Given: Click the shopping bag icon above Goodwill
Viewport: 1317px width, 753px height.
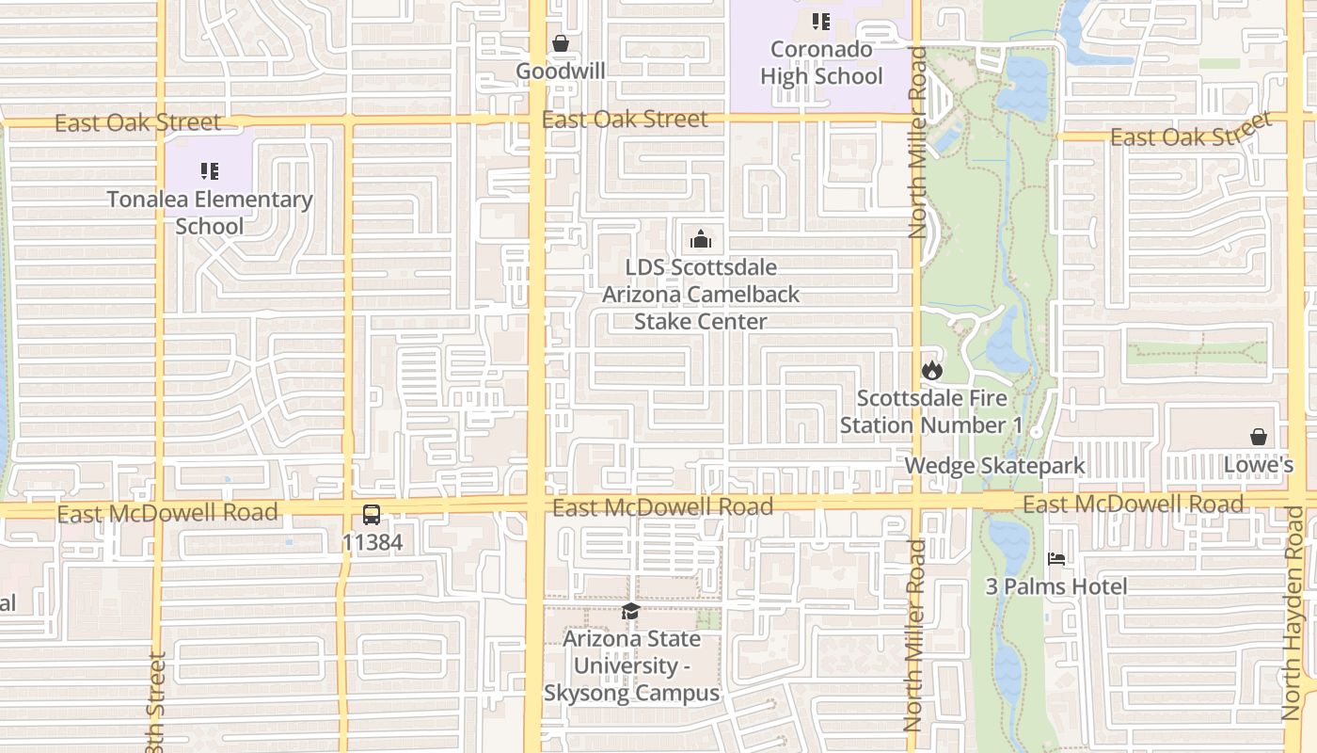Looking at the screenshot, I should coord(561,43).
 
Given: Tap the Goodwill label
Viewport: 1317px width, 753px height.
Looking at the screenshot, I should coord(561,72).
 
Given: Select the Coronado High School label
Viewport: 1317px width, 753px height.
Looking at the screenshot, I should coord(821,62).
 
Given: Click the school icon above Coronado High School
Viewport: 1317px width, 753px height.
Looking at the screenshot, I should coord(821,21).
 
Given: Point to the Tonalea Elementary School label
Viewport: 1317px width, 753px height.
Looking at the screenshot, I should coord(210,213).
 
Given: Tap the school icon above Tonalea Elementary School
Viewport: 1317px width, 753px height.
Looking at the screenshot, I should coord(210,171).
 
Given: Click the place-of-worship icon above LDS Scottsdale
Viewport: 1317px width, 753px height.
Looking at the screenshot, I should coord(701,239).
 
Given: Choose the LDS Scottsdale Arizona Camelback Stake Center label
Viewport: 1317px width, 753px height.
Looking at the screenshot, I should coord(701,295).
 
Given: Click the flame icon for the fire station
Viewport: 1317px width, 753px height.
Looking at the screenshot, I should coord(932,370).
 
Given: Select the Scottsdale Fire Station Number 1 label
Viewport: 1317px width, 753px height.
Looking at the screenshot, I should coord(930,412).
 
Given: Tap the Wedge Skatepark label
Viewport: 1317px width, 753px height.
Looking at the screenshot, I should coord(994,466).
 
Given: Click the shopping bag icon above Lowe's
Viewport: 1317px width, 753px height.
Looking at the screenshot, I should coord(1259,437).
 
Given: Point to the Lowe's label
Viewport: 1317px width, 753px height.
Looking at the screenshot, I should coord(1259,466).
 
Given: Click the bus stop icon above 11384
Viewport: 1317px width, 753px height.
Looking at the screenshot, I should coord(372,515).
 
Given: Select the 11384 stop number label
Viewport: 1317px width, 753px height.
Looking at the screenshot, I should coord(372,543).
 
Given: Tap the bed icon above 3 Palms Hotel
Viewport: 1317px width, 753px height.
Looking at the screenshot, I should coord(1056,559).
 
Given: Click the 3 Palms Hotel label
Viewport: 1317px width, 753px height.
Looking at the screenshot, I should coord(1056,587).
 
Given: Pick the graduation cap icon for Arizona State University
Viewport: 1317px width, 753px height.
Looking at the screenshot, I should coord(630,612).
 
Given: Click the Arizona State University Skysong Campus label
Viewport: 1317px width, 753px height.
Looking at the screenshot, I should coord(631,666).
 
